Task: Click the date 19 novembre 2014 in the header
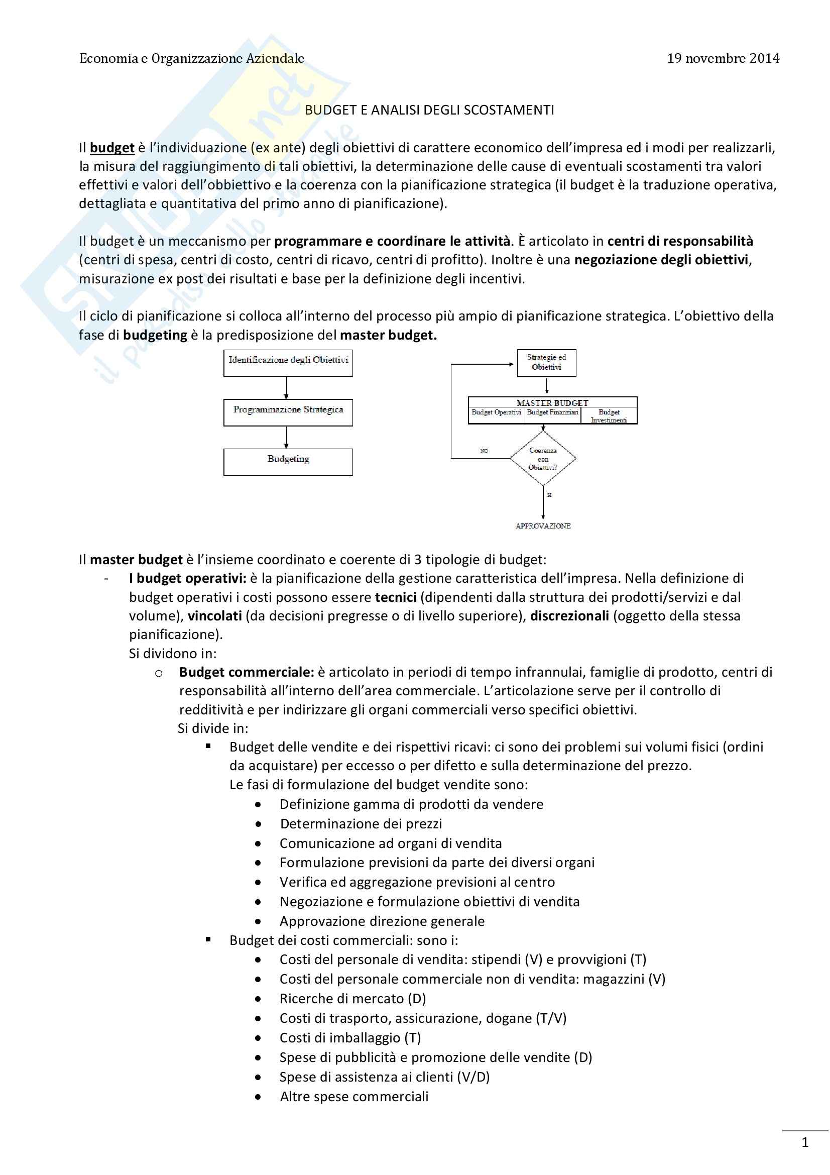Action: [723, 58]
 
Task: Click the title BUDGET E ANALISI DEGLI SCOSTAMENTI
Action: [429, 110]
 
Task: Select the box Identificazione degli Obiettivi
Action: [288, 363]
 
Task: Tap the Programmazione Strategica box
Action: [288, 412]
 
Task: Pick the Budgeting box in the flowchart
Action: [288, 462]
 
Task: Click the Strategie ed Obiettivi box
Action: [546, 363]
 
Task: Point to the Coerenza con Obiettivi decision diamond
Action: [543, 459]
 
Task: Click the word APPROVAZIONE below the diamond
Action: [543, 526]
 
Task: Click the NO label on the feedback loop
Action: [484, 451]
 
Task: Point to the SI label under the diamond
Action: [549, 495]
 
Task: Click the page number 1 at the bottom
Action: [804, 1142]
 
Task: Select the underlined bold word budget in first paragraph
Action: [112, 148]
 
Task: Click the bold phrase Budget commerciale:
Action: [247, 672]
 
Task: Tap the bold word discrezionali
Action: [569, 616]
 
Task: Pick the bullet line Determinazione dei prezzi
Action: [361, 823]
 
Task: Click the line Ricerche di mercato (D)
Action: [352, 999]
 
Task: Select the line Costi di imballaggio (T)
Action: [350, 1037]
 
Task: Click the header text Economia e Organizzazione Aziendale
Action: [192, 58]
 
